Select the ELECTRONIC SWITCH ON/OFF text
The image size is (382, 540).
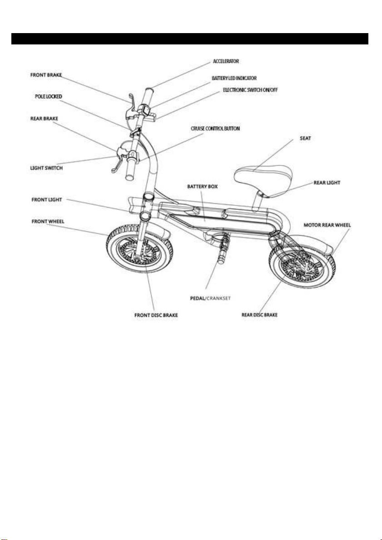[250, 90]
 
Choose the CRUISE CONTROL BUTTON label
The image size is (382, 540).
[216, 129]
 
